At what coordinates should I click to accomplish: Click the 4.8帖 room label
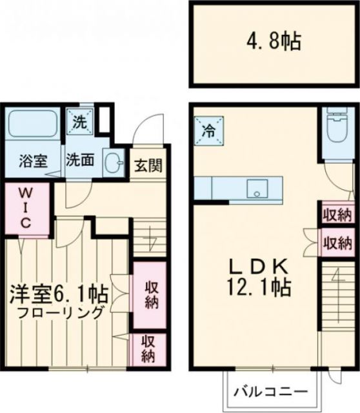[274, 44]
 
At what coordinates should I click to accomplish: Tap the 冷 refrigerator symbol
[210, 129]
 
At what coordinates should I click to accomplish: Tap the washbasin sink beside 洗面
[114, 162]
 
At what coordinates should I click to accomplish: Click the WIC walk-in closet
[26, 207]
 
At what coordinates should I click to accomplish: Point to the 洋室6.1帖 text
[58, 294]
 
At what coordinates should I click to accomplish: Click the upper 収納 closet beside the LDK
[337, 214]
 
